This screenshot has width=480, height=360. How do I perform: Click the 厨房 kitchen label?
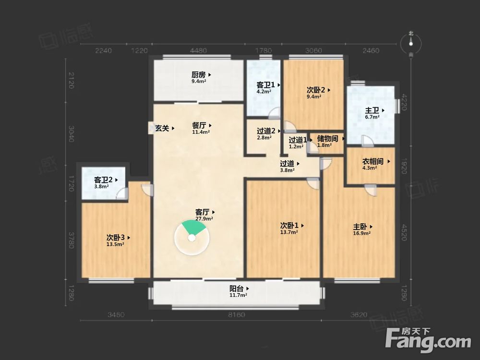(x=199, y=75)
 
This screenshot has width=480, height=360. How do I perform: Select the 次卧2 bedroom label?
(x=316, y=89)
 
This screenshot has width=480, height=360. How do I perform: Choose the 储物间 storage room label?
(x=327, y=139)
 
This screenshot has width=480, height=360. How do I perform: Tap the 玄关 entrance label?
(x=161, y=129)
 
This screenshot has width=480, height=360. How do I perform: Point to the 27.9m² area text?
(x=204, y=218)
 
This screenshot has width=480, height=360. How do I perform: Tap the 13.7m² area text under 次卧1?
(x=289, y=232)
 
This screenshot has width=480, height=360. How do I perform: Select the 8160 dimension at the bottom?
(x=237, y=315)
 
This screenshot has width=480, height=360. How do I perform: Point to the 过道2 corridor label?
(x=266, y=131)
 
